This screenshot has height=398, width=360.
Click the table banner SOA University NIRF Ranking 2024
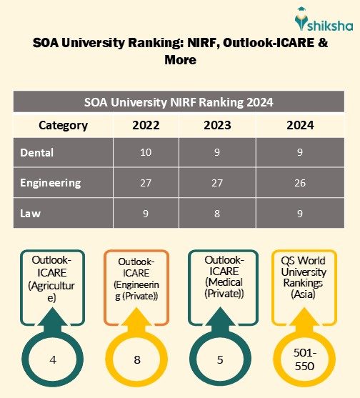click(179, 102)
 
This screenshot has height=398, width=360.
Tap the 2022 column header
click(146, 125)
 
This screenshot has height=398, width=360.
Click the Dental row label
click(36, 152)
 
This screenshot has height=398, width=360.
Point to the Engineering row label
click(50, 182)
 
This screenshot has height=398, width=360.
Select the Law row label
click(31, 212)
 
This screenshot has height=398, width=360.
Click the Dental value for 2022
click(146, 152)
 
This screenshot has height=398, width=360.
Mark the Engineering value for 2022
click(146, 182)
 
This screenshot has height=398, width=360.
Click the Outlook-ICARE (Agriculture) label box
click(51, 281)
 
